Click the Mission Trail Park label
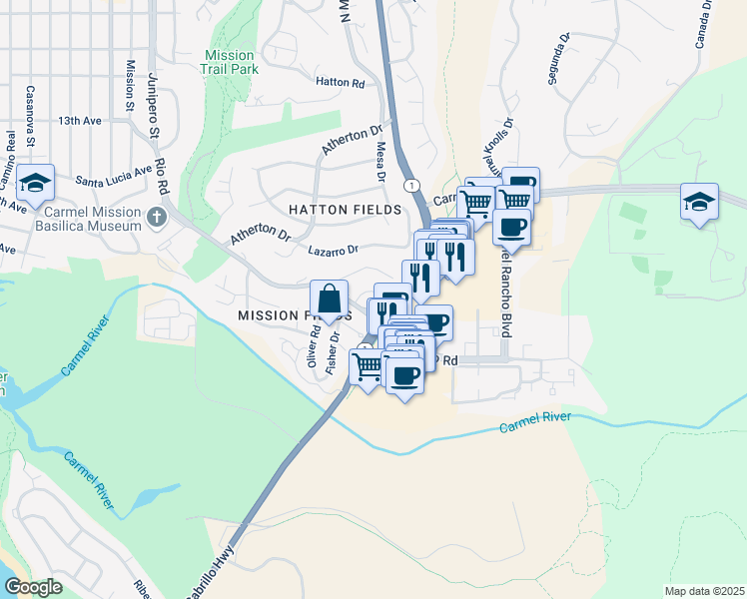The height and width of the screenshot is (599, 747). pos(232,62)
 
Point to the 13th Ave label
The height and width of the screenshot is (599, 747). pos(80,121)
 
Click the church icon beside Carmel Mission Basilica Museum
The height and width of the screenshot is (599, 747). pos(156,217)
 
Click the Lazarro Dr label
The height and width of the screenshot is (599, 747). pos(333,251)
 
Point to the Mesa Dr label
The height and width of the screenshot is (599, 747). pos(380,160)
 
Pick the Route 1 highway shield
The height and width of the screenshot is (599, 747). pos(410,186)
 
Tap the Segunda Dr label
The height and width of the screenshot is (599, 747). pos(558,59)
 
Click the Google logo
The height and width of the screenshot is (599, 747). pos(34,586)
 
